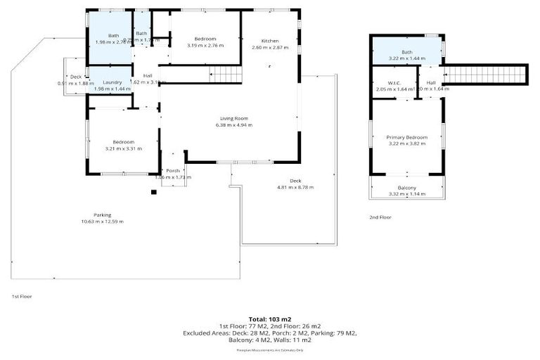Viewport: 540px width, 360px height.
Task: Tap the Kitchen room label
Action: point(270,40)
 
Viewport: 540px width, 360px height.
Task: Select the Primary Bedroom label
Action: point(406,136)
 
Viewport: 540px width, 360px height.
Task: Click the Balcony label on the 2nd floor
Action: point(406,188)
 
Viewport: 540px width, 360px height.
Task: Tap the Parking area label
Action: point(102,214)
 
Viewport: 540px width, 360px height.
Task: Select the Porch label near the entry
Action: point(173,171)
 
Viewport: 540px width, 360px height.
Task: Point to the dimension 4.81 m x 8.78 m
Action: point(295,187)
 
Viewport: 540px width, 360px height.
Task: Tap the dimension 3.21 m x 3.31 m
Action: point(123,148)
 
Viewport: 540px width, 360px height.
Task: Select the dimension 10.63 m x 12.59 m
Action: point(102,221)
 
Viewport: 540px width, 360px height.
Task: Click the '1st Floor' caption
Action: point(21,296)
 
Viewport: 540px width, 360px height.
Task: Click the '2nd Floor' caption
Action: point(380,217)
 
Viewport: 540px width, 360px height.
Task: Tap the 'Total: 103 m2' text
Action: point(269,319)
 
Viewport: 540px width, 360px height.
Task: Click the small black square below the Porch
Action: point(154,191)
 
